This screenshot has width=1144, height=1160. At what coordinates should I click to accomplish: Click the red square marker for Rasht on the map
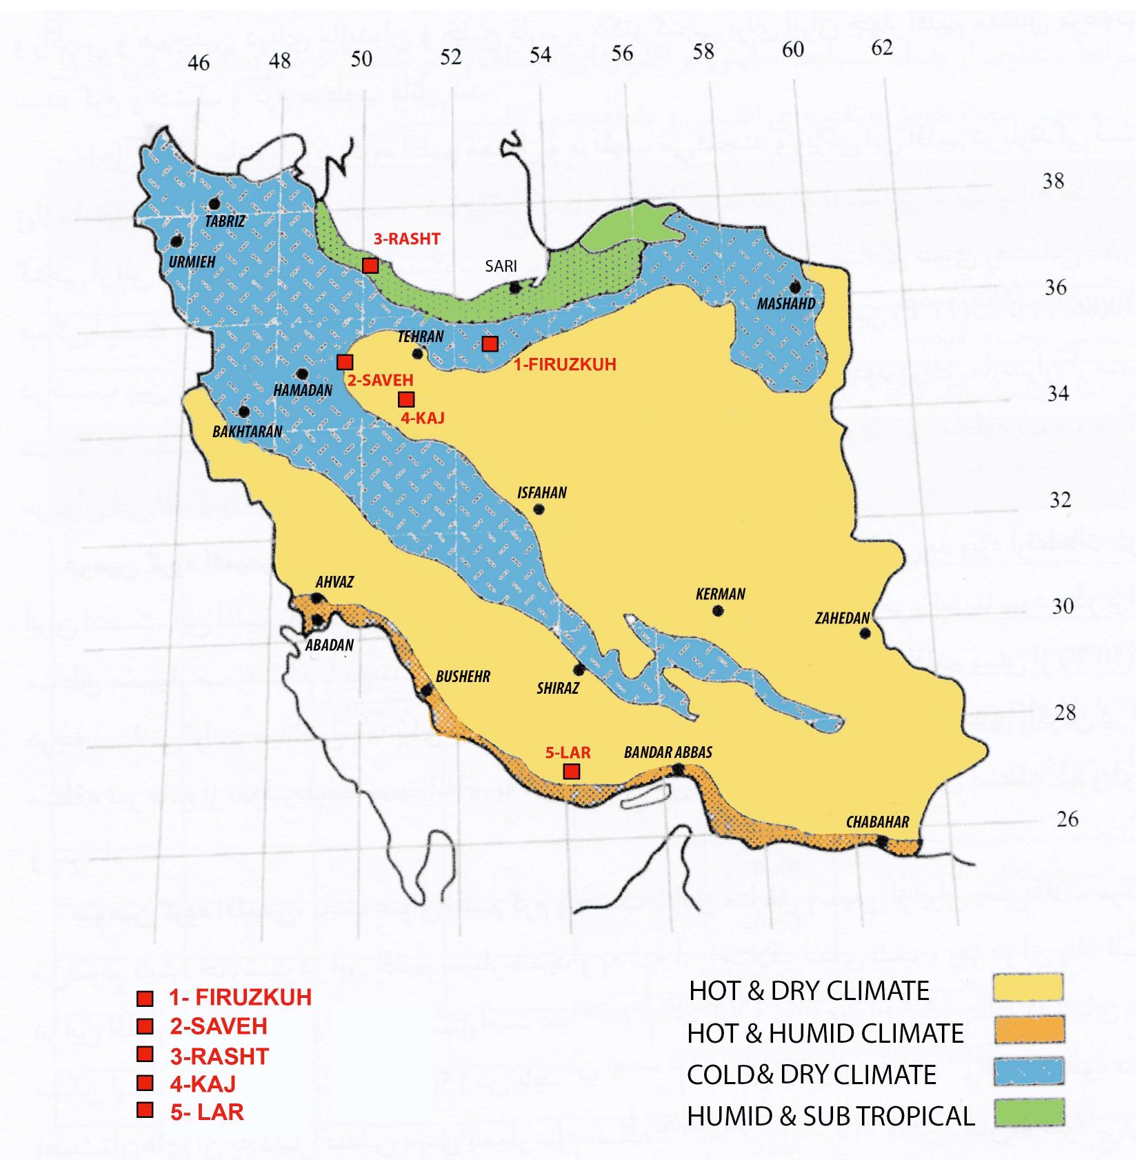tap(370, 266)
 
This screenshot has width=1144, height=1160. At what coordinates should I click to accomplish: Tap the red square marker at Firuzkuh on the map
tap(490, 343)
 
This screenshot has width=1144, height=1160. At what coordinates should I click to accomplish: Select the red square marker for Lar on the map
tap(571, 771)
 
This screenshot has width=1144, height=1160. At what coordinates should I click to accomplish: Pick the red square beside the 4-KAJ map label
tap(406, 399)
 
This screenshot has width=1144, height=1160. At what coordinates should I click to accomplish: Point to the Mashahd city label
tap(786, 303)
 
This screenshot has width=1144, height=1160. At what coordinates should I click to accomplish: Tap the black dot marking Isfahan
tap(539, 510)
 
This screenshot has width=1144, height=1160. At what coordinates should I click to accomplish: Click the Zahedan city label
tap(842, 618)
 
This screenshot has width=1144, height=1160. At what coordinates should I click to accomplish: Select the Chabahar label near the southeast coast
tap(877, 822)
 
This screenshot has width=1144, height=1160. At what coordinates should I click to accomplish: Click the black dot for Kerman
tap(717, 610)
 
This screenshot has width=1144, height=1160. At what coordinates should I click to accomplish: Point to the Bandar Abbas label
tap(668, 752)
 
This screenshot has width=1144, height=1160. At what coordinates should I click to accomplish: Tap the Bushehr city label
tap(463, 677)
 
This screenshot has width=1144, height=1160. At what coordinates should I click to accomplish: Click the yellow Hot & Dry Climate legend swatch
tap(1027, 988)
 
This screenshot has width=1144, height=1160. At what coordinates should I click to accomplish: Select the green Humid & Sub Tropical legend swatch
tap(1027, 1112)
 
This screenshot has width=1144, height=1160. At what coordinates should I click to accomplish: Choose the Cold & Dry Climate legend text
tap(812, 1074)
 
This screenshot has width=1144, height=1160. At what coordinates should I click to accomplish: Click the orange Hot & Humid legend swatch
tap(1027, 1030)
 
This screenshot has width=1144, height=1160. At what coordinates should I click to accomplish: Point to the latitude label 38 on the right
tap(1053, 181)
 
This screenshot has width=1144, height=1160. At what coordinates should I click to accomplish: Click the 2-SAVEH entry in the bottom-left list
tap(218, 1026)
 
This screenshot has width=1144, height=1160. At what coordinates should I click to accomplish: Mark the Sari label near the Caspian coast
tap(501, 266)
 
